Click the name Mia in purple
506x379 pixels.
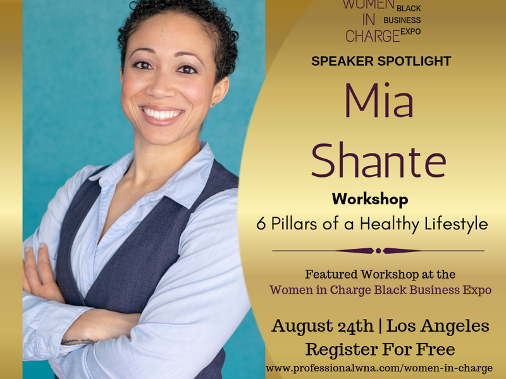[x=379, y=100]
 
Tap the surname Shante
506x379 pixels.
[x=379, y=160]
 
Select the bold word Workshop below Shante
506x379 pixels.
[x=370, y=200]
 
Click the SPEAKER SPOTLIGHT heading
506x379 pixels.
[x=381, y=61]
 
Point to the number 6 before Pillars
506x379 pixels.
[x=261, y=224]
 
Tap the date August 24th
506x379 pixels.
[x=323, y=325]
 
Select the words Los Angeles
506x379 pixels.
[x=438, y=326]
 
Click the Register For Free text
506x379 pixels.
[x=380, y=349]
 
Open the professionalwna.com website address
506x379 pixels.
[x=379, y=368]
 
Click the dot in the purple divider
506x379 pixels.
[x=378, y=251]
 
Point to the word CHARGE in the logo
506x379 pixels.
[x=373, y=36]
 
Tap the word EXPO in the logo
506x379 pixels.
[x=410, y=32]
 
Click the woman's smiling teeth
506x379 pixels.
[x=162, y=114]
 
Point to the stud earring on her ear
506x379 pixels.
[x=214, y=105]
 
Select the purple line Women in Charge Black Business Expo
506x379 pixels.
[x=381, y=290]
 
